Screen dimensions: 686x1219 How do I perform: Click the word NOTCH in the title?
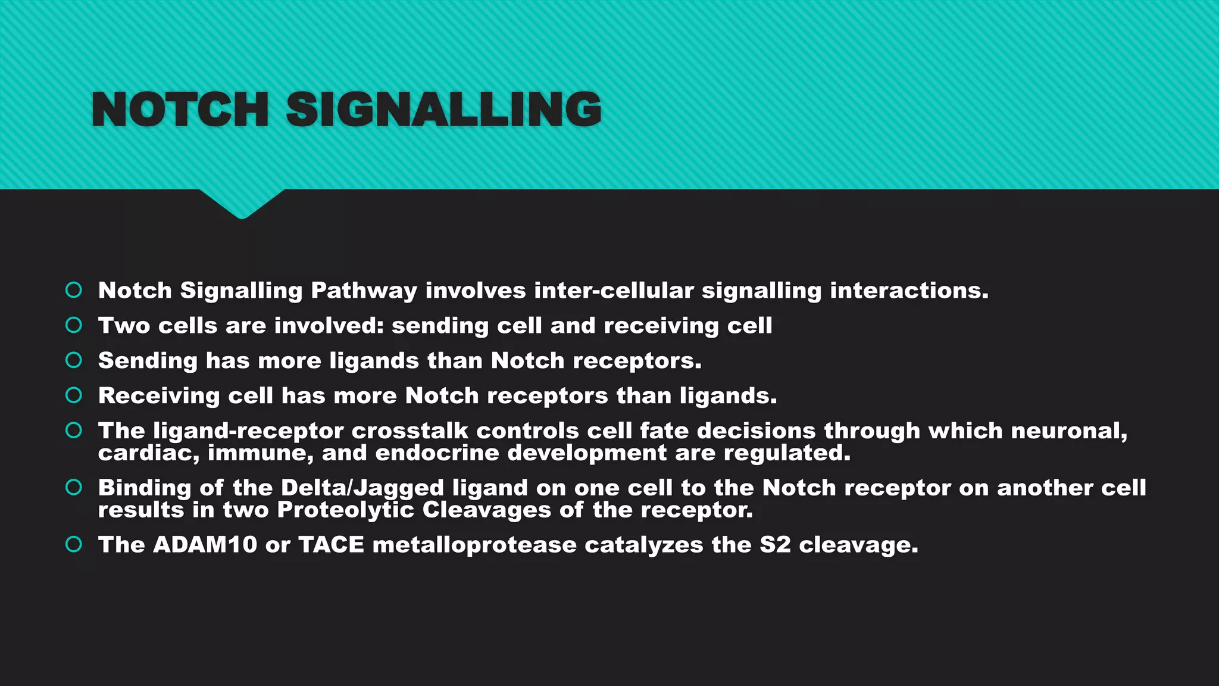click(x=180, y=110)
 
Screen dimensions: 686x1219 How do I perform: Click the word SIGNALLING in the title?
click(x=444, y=110)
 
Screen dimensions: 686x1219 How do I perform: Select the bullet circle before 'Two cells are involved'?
click(x=74, y=325)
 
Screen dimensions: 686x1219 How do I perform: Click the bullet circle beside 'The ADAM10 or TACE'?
click(x=74, y=544)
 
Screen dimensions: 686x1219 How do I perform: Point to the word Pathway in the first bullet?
click(x=364, y=291)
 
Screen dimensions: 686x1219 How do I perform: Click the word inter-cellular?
click(x=614, y=291)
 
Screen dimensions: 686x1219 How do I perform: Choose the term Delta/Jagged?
click(x=362, y=488)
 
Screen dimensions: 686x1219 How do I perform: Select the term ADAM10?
click(x=205, y=545)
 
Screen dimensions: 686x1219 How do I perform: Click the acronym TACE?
click(x=331, y=545)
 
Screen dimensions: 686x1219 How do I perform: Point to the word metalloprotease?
click(x=474, y=545)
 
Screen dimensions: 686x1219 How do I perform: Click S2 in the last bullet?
click(x=775, y=545)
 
